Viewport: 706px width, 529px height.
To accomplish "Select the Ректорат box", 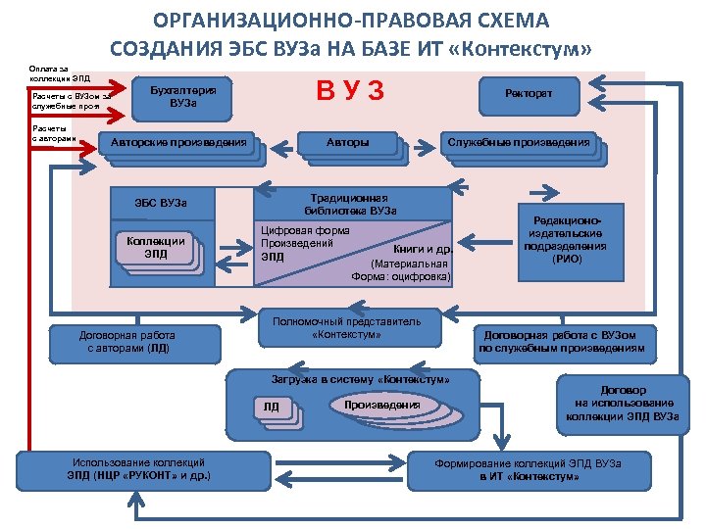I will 529,93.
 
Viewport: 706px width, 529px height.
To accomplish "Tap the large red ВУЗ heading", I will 349,92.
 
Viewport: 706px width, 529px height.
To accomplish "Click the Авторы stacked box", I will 347,143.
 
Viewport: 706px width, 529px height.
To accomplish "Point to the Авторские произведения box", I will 178,143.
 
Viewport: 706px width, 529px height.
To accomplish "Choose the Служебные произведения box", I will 519,143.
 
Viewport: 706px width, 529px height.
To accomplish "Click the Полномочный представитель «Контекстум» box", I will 346,328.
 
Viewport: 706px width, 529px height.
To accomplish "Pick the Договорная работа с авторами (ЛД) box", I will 127,340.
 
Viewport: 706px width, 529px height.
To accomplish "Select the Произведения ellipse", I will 382,405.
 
